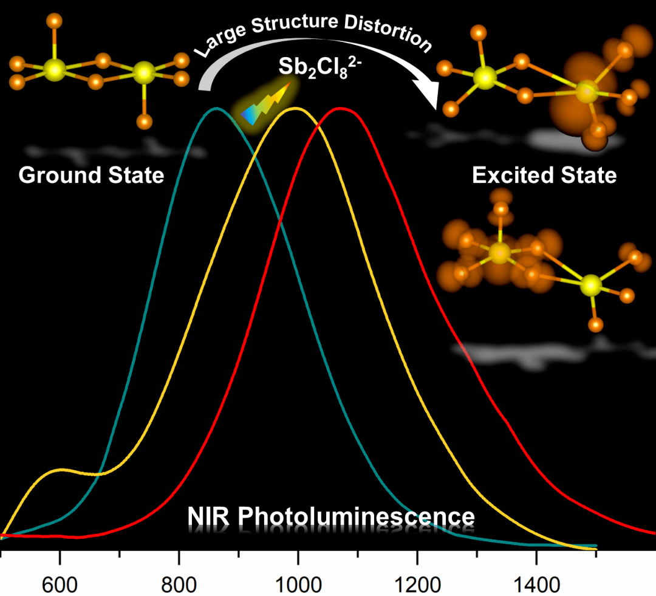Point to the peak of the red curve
tap(341, 109)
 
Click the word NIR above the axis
tap(208, 517)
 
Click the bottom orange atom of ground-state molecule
tap(144, 122)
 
